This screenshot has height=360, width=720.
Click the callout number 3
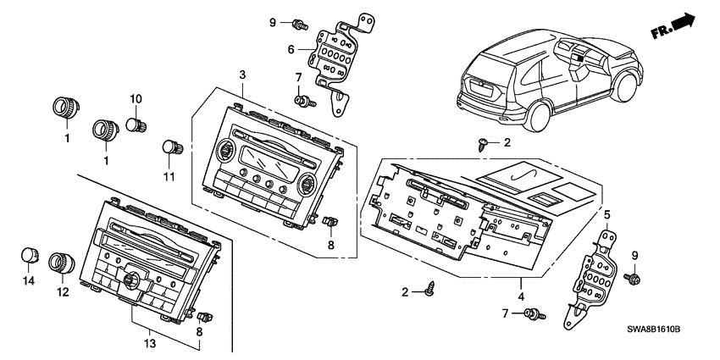(242, 76)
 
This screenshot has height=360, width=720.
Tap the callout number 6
(290, 50)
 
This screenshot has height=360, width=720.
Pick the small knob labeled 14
(30, 255)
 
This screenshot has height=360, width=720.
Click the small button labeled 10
(134, 126)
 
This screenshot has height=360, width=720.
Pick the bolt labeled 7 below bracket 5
(533, 316)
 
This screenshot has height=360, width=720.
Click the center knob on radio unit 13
(132, 280)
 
